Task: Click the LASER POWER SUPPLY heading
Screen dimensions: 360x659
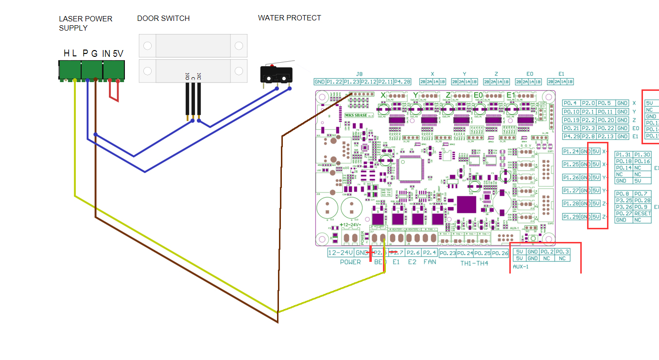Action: (x=86, y=23)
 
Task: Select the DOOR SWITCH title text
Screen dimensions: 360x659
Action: (x=163, y=18)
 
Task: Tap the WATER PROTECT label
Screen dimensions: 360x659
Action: (x=289, y=18)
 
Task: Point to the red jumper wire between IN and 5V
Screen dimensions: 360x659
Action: (x=114, y=92)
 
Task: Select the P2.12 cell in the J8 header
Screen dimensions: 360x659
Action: (x=369, y=82)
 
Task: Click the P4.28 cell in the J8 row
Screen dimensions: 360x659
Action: (x=402, y=82)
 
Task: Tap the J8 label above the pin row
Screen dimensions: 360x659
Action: (x=359, y=74)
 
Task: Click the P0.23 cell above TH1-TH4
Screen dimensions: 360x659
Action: (x=448, y=253)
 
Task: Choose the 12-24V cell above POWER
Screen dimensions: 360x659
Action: (x=341, y=253)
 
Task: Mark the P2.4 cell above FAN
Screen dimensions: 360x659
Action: (x=430, y=253)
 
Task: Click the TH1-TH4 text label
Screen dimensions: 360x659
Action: (x=474, y=263)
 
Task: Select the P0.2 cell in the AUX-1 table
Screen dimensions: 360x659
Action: (x=547, y=252)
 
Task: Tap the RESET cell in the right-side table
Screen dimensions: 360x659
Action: (x=642, y=213)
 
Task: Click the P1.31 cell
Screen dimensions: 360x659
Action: (x=624, y=154)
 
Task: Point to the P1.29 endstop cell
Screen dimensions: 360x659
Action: (x=571, y=216)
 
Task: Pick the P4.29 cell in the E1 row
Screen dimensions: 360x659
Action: (x=571, y=137)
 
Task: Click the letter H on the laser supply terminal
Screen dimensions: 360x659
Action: (x=66, y=53)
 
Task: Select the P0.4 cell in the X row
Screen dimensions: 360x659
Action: (x=571, y=103)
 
